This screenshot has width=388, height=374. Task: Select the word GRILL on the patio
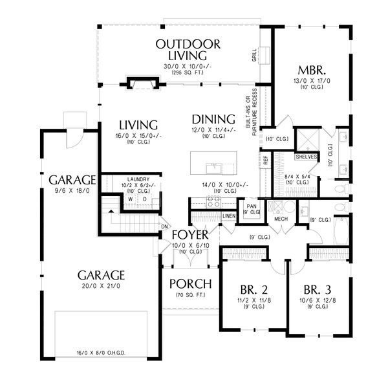pos(254,56)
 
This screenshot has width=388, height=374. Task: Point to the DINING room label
pos(213,119)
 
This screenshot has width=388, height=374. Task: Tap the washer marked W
pos(131,199)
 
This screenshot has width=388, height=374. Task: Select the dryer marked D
pos(145,199)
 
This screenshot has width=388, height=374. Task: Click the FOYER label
pos(190,234)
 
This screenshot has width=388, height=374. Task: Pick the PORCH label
pos(190,283)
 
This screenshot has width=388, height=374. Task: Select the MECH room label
pos(281,219)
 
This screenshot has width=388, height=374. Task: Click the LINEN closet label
pos(228,215)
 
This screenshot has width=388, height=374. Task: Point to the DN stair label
pos(165,227)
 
